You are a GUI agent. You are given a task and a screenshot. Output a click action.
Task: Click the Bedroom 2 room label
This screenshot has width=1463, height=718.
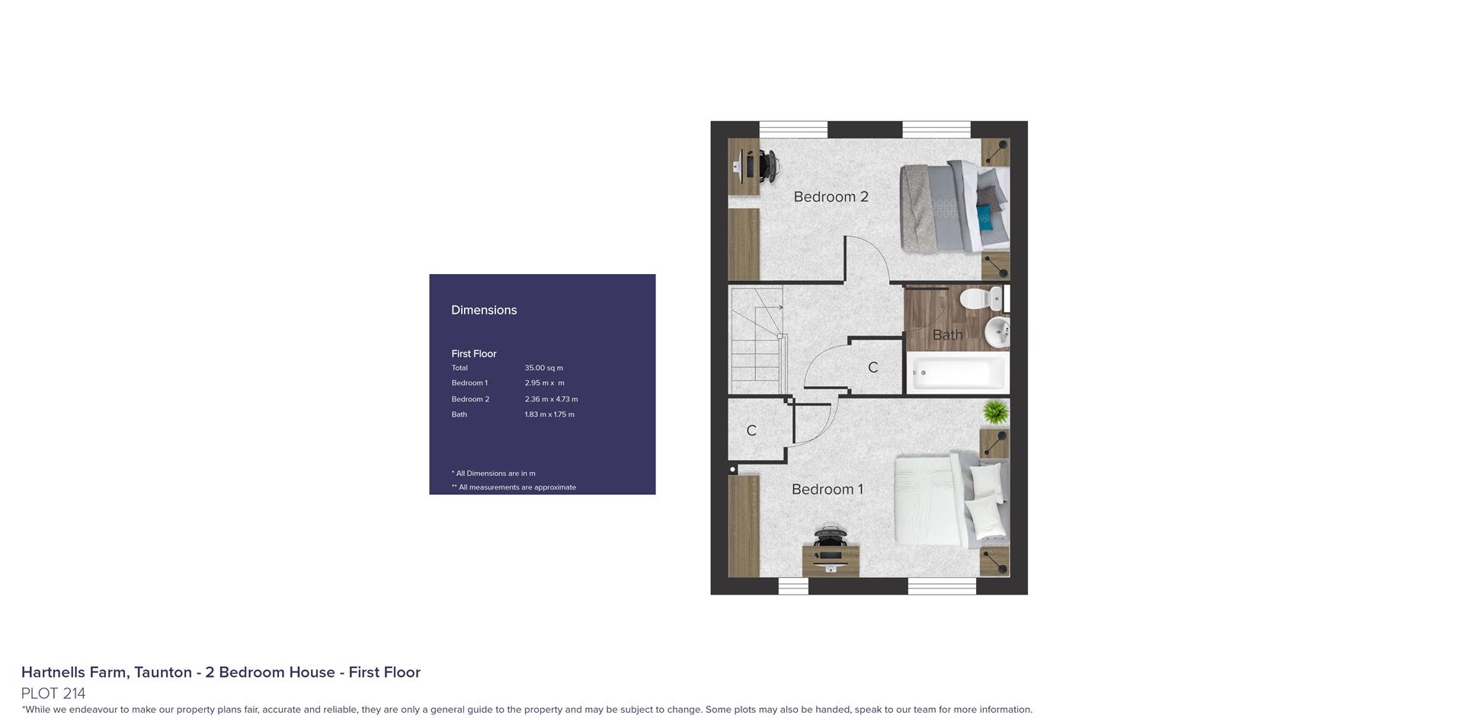coord(831,196)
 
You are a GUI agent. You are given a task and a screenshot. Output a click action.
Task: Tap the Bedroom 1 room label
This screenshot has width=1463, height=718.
coord(828,489)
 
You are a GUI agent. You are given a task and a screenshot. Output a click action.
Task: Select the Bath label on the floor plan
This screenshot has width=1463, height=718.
coord(947,335)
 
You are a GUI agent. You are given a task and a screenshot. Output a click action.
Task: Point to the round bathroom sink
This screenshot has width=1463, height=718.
coord(997,332)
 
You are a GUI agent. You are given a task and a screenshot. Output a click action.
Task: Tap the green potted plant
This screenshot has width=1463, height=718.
coord(995,413)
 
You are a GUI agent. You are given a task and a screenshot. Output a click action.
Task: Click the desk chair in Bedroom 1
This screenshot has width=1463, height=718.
coord(828,536)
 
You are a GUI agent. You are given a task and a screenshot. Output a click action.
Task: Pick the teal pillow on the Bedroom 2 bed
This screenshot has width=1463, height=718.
coord(986,216)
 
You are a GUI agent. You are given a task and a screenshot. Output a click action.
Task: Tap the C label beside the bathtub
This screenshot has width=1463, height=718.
coord(873,368)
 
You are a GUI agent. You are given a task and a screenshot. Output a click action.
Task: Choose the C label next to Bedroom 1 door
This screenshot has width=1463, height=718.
coord(751,431)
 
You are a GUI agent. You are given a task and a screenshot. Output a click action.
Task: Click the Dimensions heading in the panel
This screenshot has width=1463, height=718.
coord(484,310)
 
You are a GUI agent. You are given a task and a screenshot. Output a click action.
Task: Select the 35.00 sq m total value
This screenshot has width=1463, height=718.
coord(544,368)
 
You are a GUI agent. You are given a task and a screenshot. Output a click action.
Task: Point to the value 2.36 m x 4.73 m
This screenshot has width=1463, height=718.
coord(551,399)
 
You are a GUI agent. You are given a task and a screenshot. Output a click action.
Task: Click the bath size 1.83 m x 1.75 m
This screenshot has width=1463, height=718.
coord(549,414)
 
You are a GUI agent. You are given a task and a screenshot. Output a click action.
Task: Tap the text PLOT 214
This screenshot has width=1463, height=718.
coord(53,693)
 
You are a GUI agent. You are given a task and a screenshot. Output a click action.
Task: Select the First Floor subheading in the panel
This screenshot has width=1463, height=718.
coord(474,353)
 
